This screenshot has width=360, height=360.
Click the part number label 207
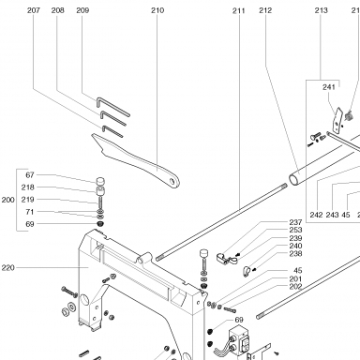point(34,10)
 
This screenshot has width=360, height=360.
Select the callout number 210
point(157,10)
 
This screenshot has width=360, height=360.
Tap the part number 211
point(239,11)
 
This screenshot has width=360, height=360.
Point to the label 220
point(8,268)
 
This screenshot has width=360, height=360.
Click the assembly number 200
point(8,200)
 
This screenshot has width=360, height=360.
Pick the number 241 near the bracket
point(329,87)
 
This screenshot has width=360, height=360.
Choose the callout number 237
point(295,222)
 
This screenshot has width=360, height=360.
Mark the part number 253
point(295,230)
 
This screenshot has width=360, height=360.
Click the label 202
point(295,287)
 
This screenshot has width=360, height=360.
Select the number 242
point(316,215)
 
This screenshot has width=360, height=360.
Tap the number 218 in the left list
point(28,187)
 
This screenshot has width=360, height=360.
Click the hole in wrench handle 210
point(172,181)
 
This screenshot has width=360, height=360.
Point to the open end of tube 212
point(293,180)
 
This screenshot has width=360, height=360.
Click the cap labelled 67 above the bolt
point(100,181)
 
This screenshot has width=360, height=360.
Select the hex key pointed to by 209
point(112,106)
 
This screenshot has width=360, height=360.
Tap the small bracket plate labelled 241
point(337,121)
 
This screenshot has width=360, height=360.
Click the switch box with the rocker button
point(240,341)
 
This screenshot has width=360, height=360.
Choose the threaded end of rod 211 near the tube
point(283,186)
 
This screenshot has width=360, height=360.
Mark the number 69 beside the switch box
point(239,320)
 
